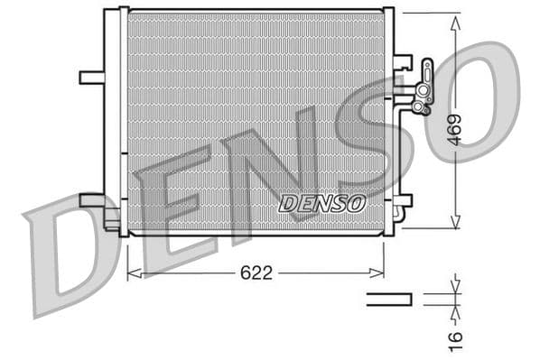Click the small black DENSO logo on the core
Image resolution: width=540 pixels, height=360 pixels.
(322, 203)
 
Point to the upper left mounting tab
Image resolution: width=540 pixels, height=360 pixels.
(91, 78)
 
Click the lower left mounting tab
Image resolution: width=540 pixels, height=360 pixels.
(93, 199)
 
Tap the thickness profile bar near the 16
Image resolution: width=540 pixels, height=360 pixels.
(389, 300)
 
